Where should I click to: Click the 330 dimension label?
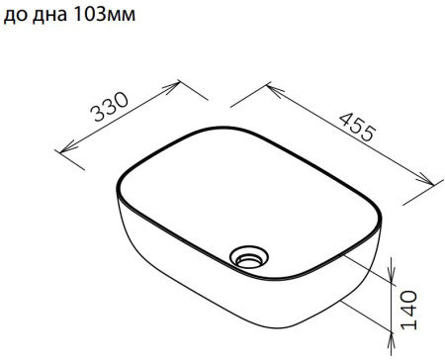[110, 107]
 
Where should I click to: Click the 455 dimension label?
[358, 128]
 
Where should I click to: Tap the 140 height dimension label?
[409, 310]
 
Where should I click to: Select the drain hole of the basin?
[249, 256]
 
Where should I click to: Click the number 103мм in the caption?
[104, 15]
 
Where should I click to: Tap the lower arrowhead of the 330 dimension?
[66, 147]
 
